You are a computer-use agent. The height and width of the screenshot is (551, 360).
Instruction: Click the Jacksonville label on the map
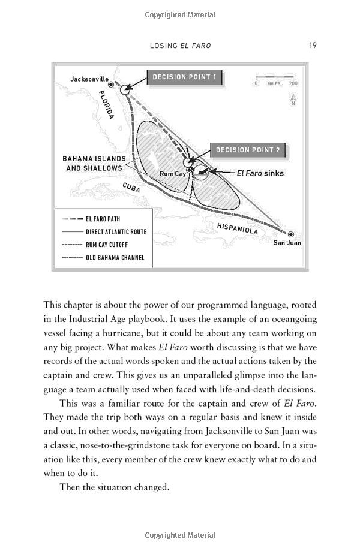[89, 79]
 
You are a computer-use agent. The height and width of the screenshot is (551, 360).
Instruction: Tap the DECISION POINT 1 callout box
[185, 77]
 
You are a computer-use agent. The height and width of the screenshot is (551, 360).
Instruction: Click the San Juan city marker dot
[291, 234]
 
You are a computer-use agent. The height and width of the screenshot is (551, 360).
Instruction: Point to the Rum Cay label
[172, 173]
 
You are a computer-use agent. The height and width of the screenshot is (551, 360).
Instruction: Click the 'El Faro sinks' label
[260, 173]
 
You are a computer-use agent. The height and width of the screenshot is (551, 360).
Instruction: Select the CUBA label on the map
[131, 187]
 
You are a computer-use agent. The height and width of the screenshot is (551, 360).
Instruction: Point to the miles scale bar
[274, 77]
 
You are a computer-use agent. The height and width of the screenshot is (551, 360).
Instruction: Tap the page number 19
[313, 45]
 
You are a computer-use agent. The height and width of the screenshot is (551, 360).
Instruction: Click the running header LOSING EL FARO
[179, 46]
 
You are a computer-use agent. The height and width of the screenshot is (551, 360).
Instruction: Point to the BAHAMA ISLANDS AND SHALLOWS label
[94, 164]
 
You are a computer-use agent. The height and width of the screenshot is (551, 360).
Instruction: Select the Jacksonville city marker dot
[111, 85]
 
